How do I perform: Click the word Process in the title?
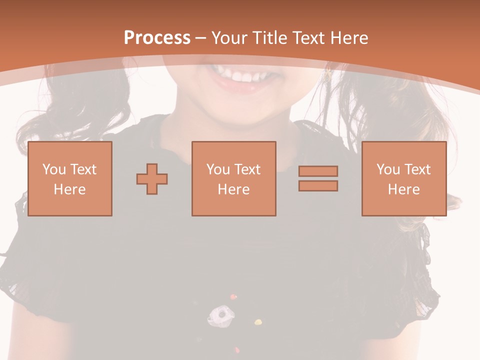tap(157, 38)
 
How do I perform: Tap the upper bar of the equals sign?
tap(318, 171)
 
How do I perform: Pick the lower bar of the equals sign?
tap(318, 186)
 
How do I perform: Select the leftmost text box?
tap(70, 178)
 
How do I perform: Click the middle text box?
tap(233, 178)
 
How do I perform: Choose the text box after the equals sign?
tap(403, 178)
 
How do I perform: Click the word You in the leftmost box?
tap(53, 169)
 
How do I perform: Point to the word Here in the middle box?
tap(233, 189)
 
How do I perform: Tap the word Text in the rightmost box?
tap(418, 169)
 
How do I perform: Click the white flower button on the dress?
tap(220, 314)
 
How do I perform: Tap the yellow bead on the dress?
tap(258, 322)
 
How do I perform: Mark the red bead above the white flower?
tap(233, 297)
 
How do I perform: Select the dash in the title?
tap(201, 38)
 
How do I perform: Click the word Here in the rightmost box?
tap(403, 189)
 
